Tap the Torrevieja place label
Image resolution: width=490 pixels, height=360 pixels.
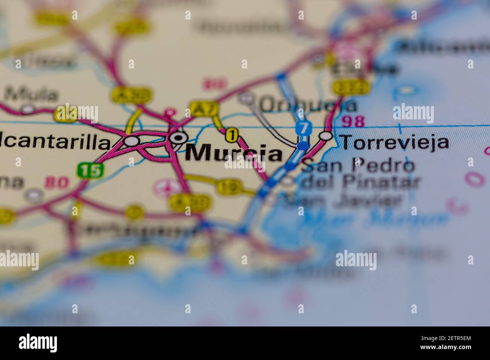[x=394, y=142]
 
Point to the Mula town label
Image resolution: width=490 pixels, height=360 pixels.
[x=32, y=94]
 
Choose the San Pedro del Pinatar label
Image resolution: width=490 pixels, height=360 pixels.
[x=360, y=174]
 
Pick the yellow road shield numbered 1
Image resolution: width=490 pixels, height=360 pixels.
[x=232, y=135]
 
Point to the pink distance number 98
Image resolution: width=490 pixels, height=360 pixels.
[x=354, y=121]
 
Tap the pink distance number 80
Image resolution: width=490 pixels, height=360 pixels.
[x=57, y=183]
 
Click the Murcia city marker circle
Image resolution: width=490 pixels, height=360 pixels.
[x=177, y=138]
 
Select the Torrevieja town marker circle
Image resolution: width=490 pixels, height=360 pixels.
[x=326, y=136]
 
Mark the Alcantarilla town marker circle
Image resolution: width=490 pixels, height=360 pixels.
[x=132, y=141]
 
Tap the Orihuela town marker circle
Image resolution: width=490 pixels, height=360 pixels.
[x=247, y=98]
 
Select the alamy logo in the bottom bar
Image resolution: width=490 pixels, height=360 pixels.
[x=38, y=343]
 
